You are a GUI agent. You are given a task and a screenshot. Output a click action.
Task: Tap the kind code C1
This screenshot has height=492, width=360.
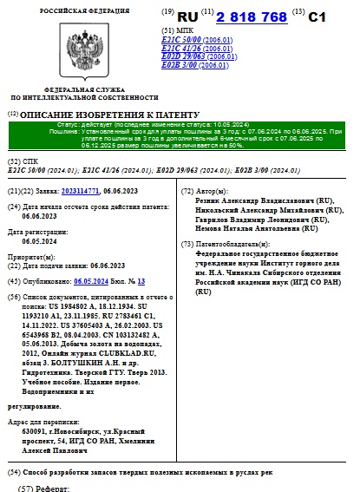[x=318, y=17]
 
